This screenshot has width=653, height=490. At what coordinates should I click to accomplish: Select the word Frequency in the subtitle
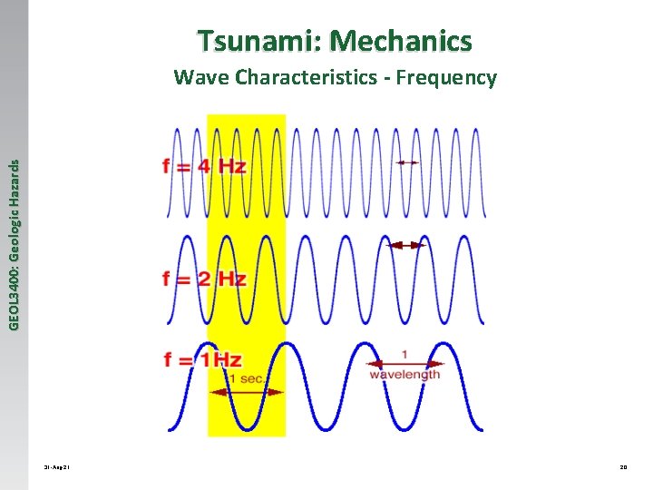tap(450, 77)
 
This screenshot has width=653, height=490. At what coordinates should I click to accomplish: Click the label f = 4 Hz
tap(204, 167)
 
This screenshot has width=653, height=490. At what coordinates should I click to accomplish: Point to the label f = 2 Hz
tap(204, 279)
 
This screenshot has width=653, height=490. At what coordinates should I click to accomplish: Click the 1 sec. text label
tap(247, 378)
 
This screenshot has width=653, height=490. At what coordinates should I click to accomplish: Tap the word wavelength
tap(404, 374)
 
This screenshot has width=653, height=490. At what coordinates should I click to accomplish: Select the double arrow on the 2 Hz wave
tap(406, 245)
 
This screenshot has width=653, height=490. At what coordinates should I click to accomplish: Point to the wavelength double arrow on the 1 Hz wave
tap(404, 363)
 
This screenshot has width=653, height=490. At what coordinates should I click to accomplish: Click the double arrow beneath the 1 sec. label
tap(247, 392)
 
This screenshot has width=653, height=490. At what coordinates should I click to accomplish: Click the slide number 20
tap(623, 468)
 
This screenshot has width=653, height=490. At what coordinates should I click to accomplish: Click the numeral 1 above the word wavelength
tap(404, 354)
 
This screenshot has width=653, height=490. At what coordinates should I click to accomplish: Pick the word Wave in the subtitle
tap(201, 77)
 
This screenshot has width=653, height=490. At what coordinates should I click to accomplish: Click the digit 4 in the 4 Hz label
tap(203, 167)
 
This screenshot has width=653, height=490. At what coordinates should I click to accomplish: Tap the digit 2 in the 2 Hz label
tap(204, 279)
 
